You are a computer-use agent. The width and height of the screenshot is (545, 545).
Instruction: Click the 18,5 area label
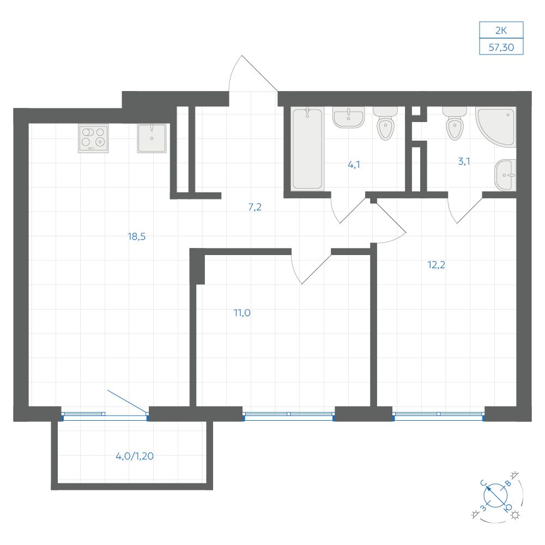(137, 237)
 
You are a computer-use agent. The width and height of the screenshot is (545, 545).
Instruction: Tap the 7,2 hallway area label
(255, 207)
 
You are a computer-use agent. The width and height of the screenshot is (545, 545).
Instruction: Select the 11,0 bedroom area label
(242, 313)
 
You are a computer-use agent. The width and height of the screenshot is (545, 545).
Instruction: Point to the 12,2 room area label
(436, 265)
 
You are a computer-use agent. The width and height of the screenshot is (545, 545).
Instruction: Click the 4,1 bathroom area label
(354, 165)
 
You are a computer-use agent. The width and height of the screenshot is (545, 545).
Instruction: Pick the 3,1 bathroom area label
(464, 161)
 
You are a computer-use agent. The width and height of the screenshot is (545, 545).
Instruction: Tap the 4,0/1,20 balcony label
(135, 456)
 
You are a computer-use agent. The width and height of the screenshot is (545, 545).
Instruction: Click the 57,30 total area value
(501, 47)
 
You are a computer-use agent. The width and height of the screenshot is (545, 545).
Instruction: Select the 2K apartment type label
(501, 31)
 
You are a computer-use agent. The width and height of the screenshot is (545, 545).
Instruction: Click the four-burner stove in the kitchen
(93, 138)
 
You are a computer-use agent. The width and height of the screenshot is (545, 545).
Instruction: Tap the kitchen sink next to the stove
(152, 138)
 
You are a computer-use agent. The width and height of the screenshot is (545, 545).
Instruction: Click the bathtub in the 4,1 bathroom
(307, 149)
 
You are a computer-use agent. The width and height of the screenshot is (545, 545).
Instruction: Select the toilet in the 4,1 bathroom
(385, 123)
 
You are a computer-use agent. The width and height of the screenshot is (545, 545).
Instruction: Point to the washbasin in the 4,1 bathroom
(349, 117)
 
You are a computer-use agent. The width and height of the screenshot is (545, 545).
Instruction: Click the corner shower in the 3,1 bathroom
(496, 127)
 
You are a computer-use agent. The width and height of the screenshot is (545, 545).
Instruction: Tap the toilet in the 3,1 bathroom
(455, 123)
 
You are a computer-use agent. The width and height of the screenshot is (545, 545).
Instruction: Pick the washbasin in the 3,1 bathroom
(505, 175)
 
